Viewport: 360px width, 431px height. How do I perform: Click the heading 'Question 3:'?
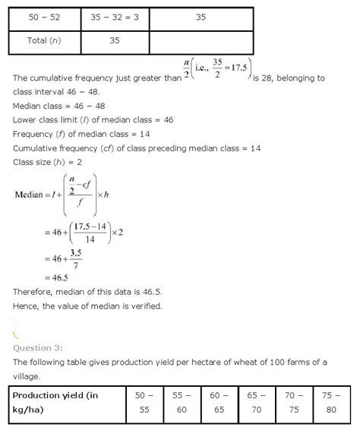pos(43,347)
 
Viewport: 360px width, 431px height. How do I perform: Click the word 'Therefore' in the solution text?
pos(33,293)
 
